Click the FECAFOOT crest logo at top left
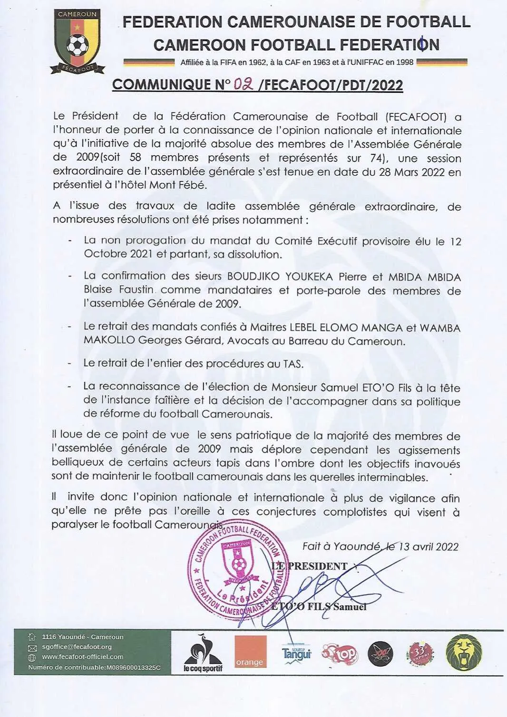point(78,41)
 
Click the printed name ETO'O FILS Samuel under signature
point(319,607)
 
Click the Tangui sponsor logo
point(296,653)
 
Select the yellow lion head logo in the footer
point(464,653)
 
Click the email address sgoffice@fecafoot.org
point(77,647)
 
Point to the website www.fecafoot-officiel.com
point(82,657)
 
